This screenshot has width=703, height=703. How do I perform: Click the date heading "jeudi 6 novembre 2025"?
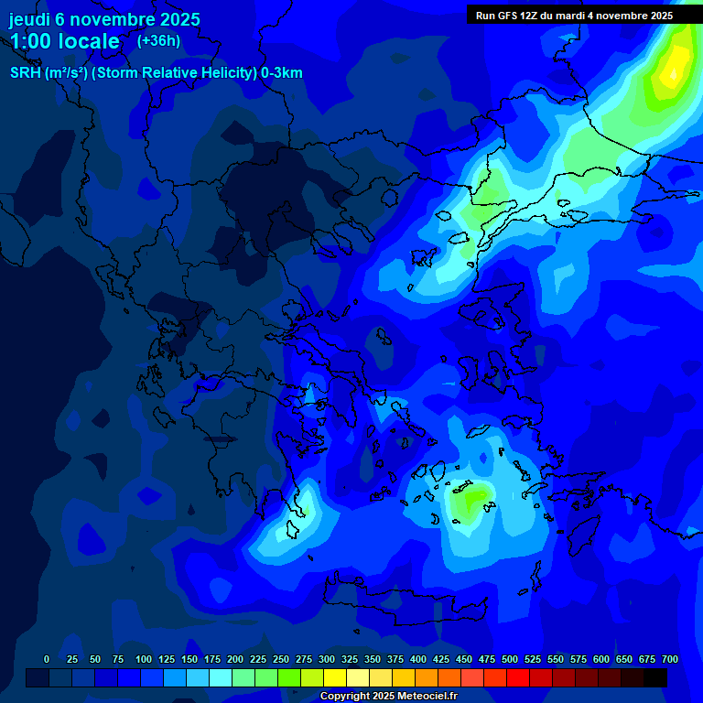tap(104, 19)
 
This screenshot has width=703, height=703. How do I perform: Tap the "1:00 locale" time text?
tap(65, 41)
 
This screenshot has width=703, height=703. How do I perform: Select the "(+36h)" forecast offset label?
tap(158, 40)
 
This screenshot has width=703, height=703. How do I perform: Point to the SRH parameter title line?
tap(156, 73)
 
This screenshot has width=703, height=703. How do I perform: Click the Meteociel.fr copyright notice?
tap(388, 697)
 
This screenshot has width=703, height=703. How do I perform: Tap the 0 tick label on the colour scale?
tap(47, 660)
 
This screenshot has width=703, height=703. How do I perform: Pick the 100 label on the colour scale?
tap(144, 660)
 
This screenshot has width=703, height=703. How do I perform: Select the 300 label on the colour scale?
tap(327, 660)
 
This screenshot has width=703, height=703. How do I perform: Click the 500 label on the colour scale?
tap(510, 660)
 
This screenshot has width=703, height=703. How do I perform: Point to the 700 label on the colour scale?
tap(670, 660)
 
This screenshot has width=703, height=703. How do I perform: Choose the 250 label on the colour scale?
tap(281, 660)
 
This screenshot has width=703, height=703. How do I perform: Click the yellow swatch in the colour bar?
tap(335, 678)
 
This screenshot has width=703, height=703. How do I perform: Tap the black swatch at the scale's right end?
tap(655, 678)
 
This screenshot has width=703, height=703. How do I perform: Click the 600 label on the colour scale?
tap(601, 660)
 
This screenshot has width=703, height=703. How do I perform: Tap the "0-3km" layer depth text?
tap(282, 73)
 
